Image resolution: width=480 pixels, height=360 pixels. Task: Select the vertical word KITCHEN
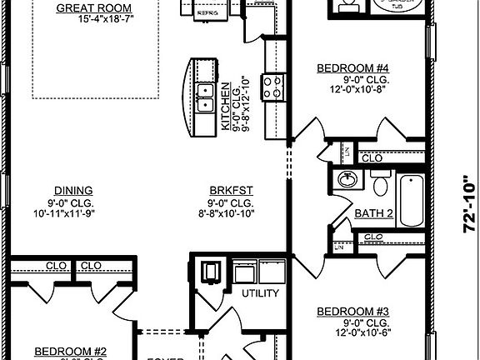click(225, 105)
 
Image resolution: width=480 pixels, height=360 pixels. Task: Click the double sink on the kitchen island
click(204, 98)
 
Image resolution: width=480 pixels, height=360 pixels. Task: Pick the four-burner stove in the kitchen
click(272, 87)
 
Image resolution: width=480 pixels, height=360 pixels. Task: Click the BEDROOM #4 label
click(352, 69)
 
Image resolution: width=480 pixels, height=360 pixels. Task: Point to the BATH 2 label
click(373, 214)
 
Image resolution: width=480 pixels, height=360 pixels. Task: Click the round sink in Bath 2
click(347, 181)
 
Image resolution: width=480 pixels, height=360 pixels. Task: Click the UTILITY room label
click(259, 294)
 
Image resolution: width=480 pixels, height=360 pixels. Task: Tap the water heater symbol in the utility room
click(207, 272)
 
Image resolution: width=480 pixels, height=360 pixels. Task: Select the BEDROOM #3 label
click(353, 312)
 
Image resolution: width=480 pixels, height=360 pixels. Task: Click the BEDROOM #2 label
click(69, 352)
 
